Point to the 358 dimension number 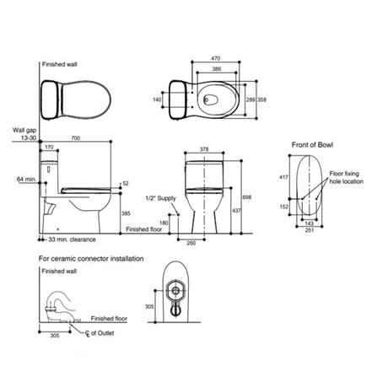pyautogui.click(x=261, y=99)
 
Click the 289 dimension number pyautogui.click(x=250, y=99)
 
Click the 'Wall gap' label pyautogui.click(x=23, y=129)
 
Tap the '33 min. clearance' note pyautogui.click(x=71, y=240)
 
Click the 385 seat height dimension pyautogui.click(x=126, y=213)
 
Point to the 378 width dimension pyautogui.click(x=204, y=148)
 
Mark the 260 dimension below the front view pyautogui.click(x=191, y=242)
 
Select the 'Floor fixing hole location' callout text pyautogui.click(x=346, y=177)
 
